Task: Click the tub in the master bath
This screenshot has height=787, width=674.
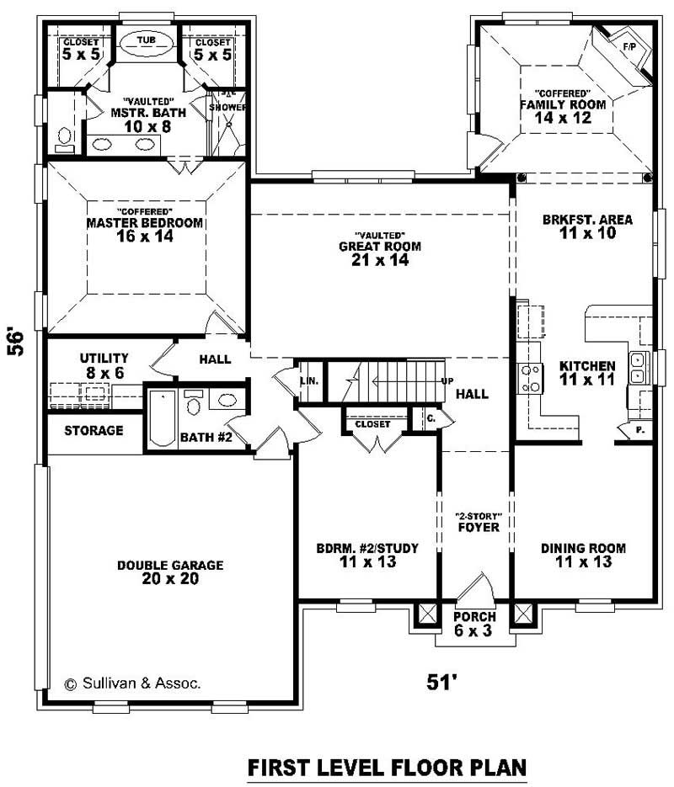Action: coord(147,41)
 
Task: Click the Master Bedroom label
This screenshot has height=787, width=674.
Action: coord(145,223)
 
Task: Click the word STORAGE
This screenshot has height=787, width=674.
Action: coord(94,431)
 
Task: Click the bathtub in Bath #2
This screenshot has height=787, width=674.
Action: coord(161,418)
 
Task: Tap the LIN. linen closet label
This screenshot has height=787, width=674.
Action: coord(310,381)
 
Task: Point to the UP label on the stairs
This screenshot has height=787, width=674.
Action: coord(447,381)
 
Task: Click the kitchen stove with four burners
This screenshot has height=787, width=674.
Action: coord(531,378)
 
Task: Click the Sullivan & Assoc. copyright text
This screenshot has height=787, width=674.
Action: coord(133,683)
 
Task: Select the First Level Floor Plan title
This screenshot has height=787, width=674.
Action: coord(387,767)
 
